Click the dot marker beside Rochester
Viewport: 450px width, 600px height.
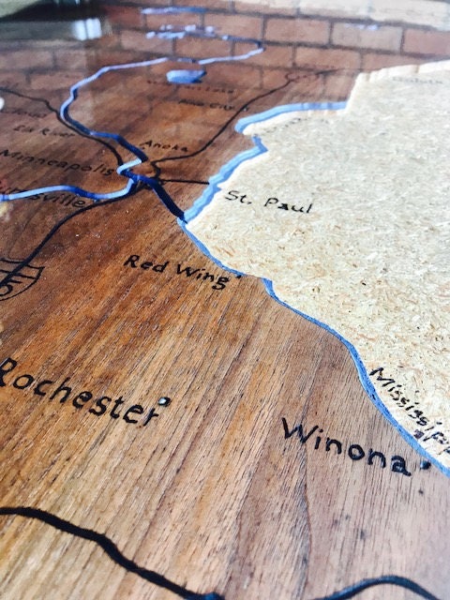165,401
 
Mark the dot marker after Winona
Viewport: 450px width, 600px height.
424,462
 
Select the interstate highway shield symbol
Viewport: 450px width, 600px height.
19,277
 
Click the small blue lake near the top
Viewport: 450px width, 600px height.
186,75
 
